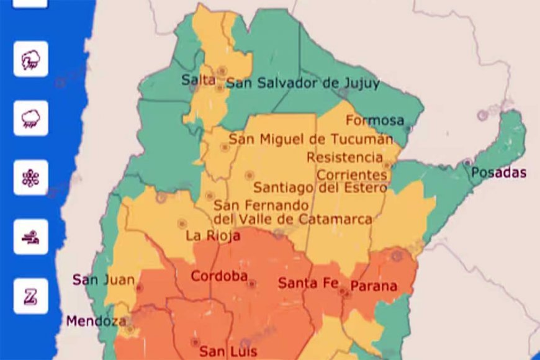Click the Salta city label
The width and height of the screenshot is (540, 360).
198,79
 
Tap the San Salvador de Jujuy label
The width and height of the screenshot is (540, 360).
302,83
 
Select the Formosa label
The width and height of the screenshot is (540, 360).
374,120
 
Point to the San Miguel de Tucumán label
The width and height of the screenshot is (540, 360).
311,139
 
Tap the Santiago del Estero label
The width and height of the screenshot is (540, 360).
320,187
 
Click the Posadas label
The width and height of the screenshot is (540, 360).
498,173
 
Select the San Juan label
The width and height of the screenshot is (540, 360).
104,280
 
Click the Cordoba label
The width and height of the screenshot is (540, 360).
219,276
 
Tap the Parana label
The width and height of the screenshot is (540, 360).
373,286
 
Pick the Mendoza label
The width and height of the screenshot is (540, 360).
96,321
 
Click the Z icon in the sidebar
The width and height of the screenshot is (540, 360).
30,296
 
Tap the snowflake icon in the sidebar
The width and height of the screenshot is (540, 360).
30,178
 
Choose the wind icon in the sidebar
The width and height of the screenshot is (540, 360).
30,236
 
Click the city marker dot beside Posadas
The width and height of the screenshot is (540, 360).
467,162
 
